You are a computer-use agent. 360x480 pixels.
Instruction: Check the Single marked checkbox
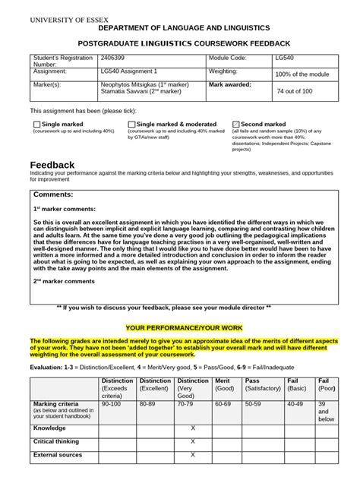click(x=36, y=124)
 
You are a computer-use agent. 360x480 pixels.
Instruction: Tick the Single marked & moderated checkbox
click(x=131, y=124)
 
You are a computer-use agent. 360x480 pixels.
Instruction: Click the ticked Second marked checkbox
click(x=235, y=124)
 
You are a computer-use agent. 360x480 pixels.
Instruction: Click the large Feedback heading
click(x=52, y=165)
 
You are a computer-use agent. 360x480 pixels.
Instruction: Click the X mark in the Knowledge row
click(x=193, y=428)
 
